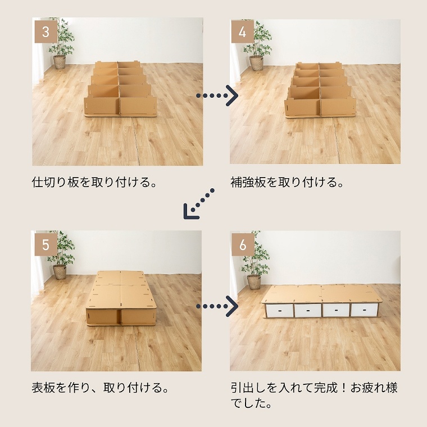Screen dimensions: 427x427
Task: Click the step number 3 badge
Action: tap(46, 31)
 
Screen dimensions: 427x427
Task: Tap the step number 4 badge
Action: tap(242, 31)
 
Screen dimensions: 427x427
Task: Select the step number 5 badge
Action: tap(46, 244)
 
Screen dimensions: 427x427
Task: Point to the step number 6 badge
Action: tap(243, 244)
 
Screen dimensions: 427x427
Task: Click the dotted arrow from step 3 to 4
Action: tap(217, 96)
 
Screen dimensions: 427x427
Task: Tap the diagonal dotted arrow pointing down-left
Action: tap(198, 204)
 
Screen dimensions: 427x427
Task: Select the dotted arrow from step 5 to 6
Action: tap(217, 306)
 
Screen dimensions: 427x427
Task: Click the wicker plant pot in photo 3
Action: tap(60, 62)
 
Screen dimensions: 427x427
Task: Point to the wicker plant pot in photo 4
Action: tap(256, 63)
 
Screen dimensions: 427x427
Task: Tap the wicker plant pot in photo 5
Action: tap(60, 272)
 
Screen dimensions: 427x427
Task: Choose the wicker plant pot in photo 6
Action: tap(254, 282)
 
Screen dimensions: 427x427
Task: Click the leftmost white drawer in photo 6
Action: tap(279, 311)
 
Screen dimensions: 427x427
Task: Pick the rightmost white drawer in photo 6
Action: tap(364, 310)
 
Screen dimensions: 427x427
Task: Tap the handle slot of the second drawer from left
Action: tap(308, 311)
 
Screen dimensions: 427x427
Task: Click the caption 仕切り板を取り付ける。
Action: tap(94, 182)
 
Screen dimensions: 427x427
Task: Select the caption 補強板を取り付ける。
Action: tap(287, 182)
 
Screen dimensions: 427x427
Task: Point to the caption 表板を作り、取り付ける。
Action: tap(100, 387)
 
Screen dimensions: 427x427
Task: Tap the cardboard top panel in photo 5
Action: tap(120, 290)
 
